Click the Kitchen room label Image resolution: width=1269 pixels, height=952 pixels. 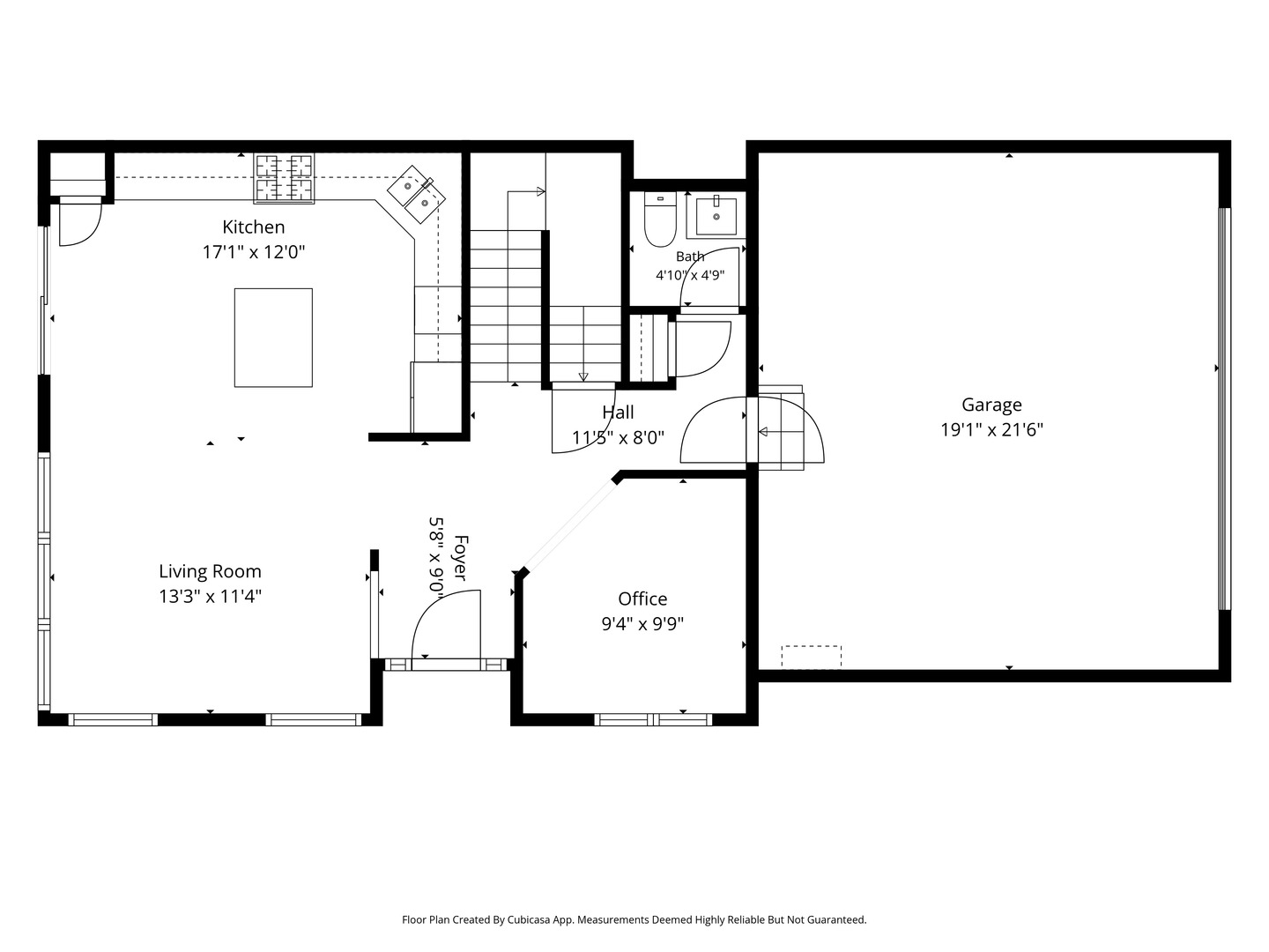pos(253,227)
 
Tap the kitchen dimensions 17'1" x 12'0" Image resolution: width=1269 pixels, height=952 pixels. pos(253,253)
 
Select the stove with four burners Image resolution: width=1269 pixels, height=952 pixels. pos(284,179)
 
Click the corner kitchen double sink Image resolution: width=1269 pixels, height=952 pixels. pos(416,194)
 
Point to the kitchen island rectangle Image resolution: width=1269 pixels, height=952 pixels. pos(273,338)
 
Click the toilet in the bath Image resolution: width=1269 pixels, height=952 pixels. pos(660,219)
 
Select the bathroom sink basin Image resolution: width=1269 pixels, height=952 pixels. pos(716,216)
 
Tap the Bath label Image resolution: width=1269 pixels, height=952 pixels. pos(690,257)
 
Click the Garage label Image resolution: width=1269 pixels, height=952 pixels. pos(991,405)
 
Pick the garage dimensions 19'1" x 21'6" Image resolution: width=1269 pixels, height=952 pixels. pos(991,430)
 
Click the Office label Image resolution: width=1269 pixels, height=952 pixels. pos(642,599)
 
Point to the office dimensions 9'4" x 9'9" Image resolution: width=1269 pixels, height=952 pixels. pos(642,624)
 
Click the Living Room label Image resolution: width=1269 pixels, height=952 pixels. pos(210,572)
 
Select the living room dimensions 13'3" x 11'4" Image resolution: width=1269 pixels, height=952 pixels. pos(210,597)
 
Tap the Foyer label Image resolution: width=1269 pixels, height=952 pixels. pos(461,558)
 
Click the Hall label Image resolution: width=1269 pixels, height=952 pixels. pos(618,413)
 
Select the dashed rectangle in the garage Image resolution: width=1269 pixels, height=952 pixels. pos(811,657)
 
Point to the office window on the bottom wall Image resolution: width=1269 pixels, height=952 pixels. pos(653,719)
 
